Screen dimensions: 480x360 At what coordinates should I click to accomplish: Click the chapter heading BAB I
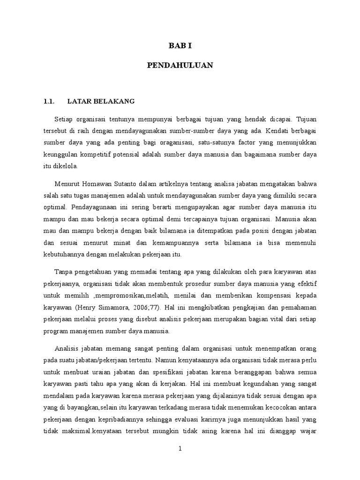pos(180,46)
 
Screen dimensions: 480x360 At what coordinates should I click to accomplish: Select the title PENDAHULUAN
pos(180,66)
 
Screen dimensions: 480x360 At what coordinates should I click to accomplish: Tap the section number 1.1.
pos(49,101)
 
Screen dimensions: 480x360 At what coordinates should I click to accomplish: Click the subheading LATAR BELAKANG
pos(101,101)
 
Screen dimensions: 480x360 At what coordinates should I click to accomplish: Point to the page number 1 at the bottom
pos(180,449)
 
